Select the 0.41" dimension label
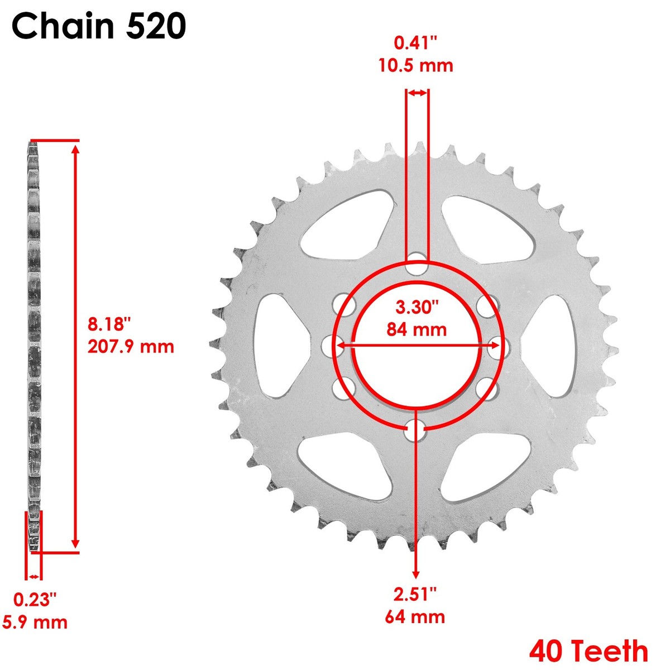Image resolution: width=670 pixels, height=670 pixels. (x=416, y=43)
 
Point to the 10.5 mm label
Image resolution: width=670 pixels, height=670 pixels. (x=416, y=65)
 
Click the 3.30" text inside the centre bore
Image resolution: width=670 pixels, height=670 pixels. (x=417, y=307)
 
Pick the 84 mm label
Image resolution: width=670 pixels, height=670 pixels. (x=417, y=329)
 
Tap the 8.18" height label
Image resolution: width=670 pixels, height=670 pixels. (x=109, y=324)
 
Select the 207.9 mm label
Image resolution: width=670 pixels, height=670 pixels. (x=131, y=347)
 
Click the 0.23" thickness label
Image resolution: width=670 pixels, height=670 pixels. (x=35, y=600)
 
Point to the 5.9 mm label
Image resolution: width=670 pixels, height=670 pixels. (x=35, y=622)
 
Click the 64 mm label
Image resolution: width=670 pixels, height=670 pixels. (x=415, y=617)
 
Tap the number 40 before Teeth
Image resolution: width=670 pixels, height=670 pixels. (x=548, y=650)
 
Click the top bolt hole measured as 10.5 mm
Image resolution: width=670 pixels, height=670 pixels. (x=417, y=264)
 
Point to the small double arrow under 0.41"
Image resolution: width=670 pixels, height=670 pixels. (x=417, y=93)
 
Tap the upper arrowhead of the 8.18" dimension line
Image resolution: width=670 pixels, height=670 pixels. (x=76, y=149)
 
